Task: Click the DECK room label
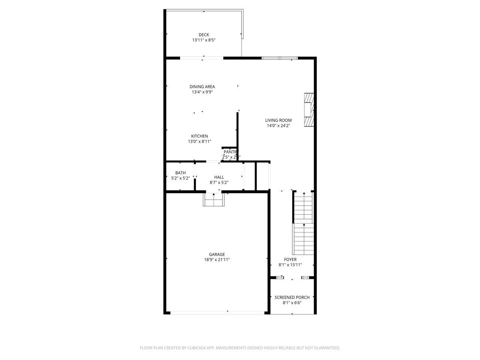204,35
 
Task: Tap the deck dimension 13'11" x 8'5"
204,40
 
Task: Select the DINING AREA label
202,87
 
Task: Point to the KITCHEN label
199,136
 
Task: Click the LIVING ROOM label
278,120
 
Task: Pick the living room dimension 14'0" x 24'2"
278,126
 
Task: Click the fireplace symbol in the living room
308,110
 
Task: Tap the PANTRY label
230,152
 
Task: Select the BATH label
180,173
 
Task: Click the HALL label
219,177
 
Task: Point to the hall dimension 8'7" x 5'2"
219,183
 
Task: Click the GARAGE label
217,254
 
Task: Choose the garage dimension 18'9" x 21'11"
217,260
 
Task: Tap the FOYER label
290,260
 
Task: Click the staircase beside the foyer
303,224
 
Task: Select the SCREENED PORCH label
292,298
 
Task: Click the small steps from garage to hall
214,200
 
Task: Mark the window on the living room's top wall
280,58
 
